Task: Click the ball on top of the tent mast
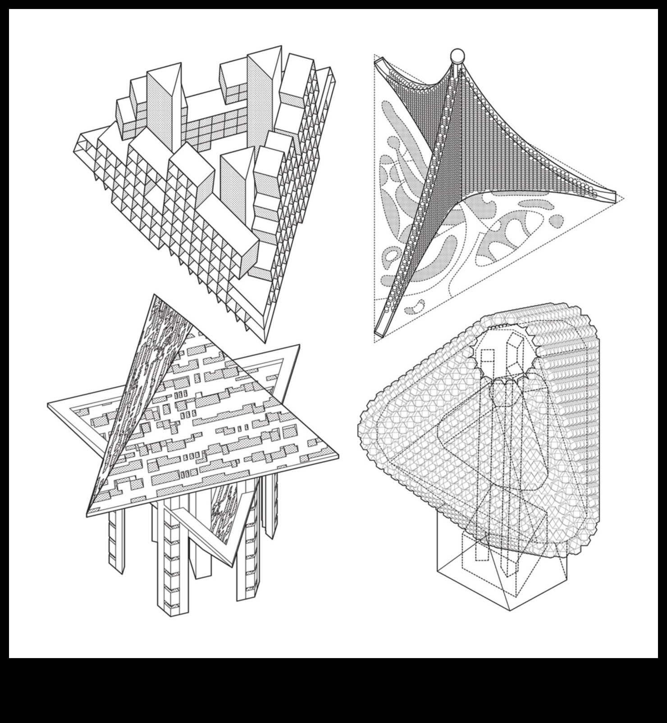pyautogui.click(x=457, y=55)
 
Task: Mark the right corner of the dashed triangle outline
pyautogui.click(x=624, y=197)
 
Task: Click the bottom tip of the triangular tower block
pyautogui.click(x=265, y=341)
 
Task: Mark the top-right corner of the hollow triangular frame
pyautogui.click(x=298, y=346)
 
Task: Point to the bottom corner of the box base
pyautogui.click(x=509, y=610)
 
